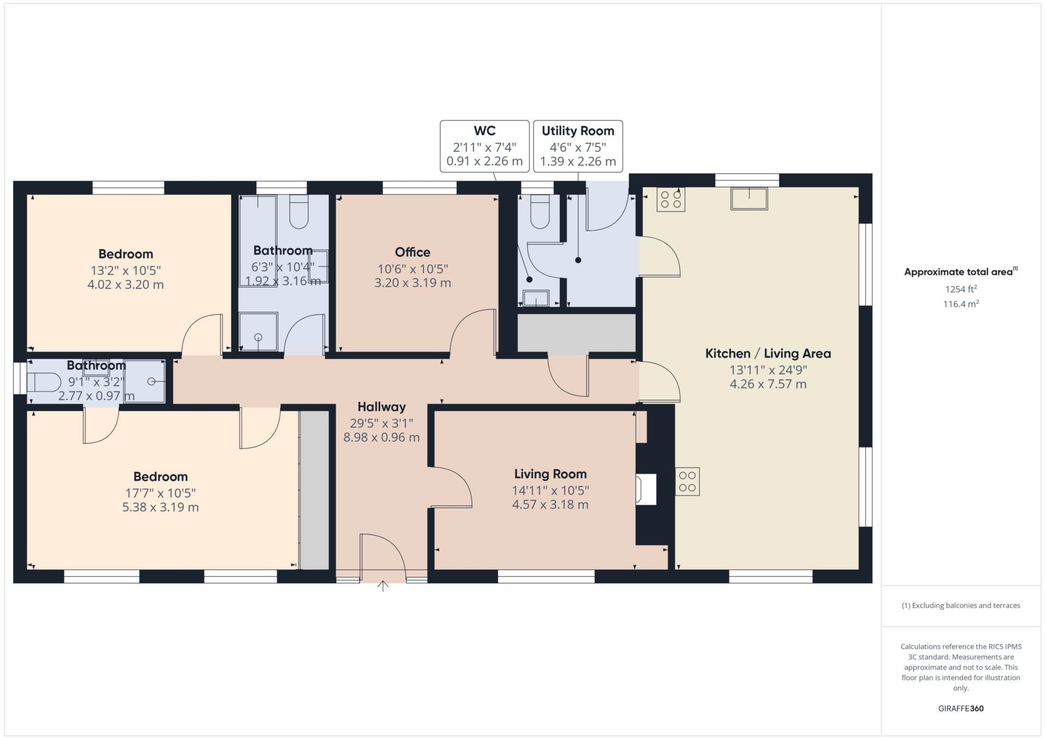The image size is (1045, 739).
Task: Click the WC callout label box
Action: pyautogui.click(x=484, y=146)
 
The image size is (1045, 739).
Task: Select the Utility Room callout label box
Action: pyautogui.click(x=578, y=146)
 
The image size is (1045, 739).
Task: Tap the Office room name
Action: pyautogui.click(x=413, y=252)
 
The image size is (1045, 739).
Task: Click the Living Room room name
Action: pyautogui.click(x=550, y=474)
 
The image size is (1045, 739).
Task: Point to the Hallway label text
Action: pyautogui.click(x=382, y=407)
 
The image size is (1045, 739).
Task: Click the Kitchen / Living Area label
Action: pyautogui.click(x=768, y=354)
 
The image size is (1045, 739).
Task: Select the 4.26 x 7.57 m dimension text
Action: pyautogui.click(x=768, y=384)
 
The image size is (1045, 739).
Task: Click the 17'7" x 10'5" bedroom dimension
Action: pyautogui.click(x=161, y=493)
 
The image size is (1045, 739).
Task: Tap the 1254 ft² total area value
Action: pyautogui.click(x=961, y=289)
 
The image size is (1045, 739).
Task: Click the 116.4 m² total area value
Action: pyautogui.click(x=961, y=304)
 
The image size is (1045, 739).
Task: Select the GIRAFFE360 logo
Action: pyautogui.click(x=961, y=709)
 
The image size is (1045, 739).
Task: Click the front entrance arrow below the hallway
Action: pyautogui.click(x=383, y=586)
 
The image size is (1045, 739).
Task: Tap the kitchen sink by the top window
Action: pyautogui.click(x=749, y=199)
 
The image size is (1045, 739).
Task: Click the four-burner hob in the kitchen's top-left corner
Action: pyautogui.click(x=671, y=199)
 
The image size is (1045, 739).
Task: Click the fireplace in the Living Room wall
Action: pyautogui.click(x=646, y=489)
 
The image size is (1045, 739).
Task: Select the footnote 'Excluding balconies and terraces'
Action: pyautogui.click(x=961, y=606)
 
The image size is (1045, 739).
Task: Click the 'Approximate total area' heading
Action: pyautogui.click(x=961, y=272)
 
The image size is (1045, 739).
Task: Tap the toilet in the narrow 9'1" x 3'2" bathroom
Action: pyautogui.click(x=44, y=382)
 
